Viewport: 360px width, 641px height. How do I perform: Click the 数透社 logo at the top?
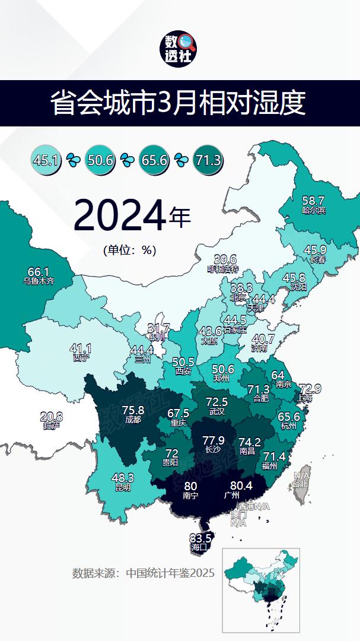[x=180, y=49]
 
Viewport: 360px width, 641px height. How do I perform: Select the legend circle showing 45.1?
[x=45, y=160]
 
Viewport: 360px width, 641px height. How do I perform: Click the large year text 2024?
[x=119, y=217]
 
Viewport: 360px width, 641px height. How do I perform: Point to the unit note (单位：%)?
[x=129, y=250]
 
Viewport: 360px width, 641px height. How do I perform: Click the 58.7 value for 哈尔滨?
[x=313, y=201]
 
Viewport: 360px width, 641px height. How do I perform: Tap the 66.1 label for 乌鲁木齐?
[x=39, y=271]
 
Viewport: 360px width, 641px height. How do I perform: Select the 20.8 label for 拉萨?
[x=51, y=417]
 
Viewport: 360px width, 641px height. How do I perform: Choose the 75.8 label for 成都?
[x=133, y=410]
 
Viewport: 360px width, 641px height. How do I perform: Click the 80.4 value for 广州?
[x=241, y=485]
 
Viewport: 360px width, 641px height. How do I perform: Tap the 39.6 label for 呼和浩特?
[x=225, y=259]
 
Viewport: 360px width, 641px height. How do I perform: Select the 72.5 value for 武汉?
[x=216, y=402]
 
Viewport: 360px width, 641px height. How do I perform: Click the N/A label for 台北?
[x=301, y=475]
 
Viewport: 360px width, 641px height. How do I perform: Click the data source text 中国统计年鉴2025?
[x=143, y=573]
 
